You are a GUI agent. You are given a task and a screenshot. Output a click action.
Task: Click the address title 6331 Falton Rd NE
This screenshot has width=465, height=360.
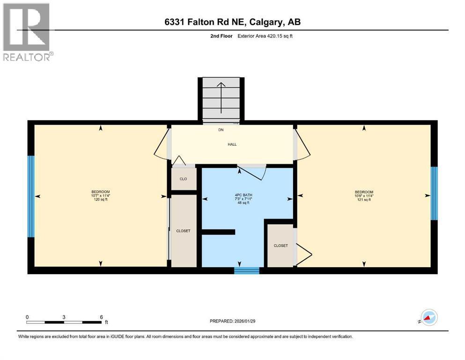click(232, 22)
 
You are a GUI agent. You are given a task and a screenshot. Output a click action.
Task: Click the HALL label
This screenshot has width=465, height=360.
click(232, 144)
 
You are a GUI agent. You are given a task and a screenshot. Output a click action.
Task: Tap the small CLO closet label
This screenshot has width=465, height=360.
click(183, 179)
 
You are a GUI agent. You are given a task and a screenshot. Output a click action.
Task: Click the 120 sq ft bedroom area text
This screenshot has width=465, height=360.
click(100, 199)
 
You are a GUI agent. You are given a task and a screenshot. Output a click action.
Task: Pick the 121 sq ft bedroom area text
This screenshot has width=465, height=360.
click(364, 199)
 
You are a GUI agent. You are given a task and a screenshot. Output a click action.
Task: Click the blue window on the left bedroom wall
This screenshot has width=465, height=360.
click(31, 197)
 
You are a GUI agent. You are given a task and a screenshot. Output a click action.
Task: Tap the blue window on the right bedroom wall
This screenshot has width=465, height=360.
click(434, 193)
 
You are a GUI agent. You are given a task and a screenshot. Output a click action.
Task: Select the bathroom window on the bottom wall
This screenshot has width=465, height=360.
click(247, 270)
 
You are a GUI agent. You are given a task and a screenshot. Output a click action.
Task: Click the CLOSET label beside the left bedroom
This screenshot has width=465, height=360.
click(183, 231)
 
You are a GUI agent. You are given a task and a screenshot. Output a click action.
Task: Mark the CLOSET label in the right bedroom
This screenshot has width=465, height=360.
click(280, 245)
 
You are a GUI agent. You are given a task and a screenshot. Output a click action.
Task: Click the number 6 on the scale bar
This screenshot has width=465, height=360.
click(101, 317)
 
